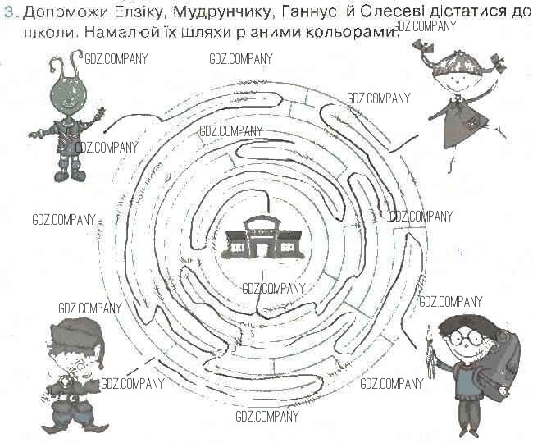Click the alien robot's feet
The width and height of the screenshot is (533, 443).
coord(69,174)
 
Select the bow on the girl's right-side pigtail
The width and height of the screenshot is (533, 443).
coord(495,61)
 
